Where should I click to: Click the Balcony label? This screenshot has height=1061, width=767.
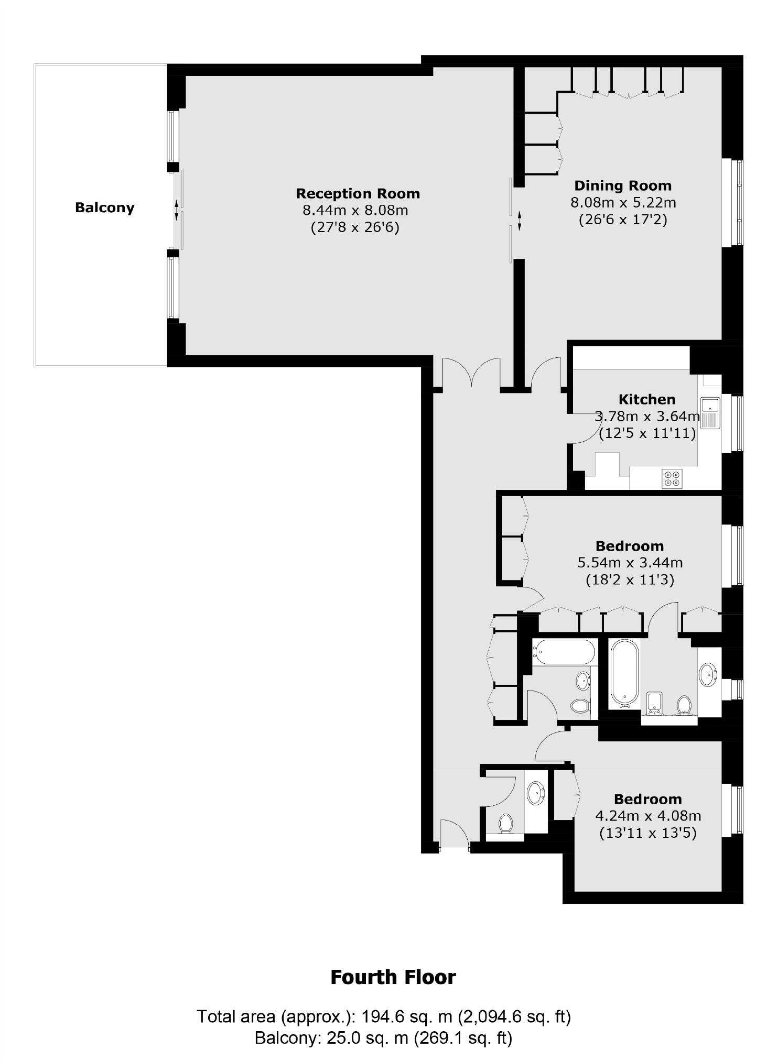tap(104, 208)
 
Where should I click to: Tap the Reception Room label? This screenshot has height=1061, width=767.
tap(358, 193)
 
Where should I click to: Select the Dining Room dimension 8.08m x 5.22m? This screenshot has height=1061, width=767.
tap(623, 202)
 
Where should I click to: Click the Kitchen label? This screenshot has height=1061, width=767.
tap(646, 399)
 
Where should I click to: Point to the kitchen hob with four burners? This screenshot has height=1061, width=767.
tap(673, 478)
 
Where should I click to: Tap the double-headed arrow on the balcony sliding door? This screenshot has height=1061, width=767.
tap(176, 210)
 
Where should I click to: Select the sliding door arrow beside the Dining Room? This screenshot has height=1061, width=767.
tap(520, 221)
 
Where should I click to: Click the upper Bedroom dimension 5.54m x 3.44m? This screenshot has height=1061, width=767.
tap(630, 563)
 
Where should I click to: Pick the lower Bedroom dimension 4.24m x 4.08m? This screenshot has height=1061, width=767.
tap(648, 816)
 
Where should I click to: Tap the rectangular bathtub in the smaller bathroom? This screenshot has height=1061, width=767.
tap(564, 653)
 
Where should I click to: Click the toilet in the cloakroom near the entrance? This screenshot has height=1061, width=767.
tap(505, 823)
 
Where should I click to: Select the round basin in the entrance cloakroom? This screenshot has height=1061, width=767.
tap(536, 792)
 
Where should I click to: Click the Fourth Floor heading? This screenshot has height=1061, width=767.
tap(393, 977)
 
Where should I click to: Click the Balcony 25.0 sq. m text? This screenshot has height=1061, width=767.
tap(383, 1037)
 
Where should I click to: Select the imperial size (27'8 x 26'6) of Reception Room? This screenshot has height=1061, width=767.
tap(355, 227)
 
